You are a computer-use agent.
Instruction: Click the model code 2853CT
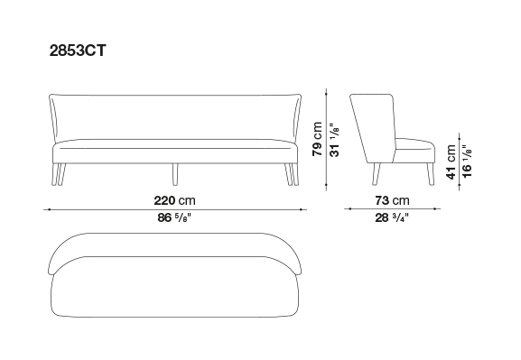click(x=78, y=51)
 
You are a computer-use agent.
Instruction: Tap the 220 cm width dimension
click(x=175, y=200)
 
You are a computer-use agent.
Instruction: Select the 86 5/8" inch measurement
click(x=175, y=217)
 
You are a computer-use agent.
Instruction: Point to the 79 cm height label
click(x=317, y=139)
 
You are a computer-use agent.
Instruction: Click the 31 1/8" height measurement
click(x=334, y=140)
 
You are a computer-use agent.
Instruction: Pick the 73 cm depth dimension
click(x=393, y=200)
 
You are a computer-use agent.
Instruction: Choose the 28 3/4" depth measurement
click(x=392, y=217)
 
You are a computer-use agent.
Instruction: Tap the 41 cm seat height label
click(x=451, y=162)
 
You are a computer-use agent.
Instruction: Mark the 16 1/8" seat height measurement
click(x=467, y=162)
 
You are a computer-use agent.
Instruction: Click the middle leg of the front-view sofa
click(x=175, y=174)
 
